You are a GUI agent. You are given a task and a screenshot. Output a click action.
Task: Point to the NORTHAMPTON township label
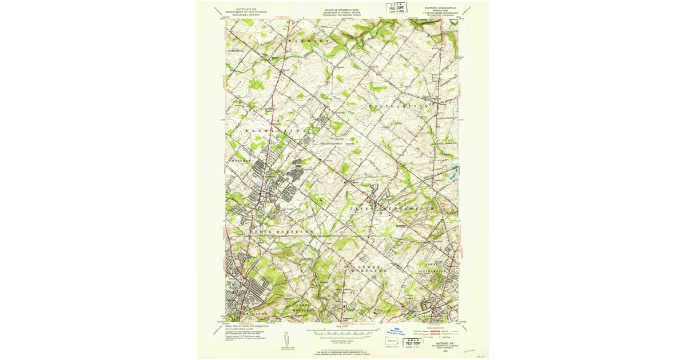(400, 107)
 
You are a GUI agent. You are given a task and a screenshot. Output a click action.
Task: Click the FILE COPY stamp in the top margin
(397, 8)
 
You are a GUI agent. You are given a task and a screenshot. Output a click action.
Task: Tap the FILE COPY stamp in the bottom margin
(414, 343)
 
